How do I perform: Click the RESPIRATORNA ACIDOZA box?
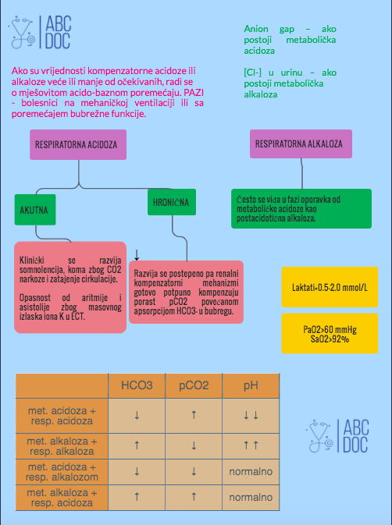point(78,144)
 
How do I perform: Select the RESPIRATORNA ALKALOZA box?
point(301,144)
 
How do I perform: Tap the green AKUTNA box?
point(35,210)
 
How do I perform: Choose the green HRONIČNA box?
point(172,202)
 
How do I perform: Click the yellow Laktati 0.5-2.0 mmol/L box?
point(330,287)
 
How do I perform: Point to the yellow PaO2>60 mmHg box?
point(330,333)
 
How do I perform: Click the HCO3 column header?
point(137,385)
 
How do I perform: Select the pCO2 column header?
point(194,385)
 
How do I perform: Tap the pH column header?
point(251,385)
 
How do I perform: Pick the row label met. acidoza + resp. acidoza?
point(62,416)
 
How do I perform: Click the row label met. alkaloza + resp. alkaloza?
point(62,446)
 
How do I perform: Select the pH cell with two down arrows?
point(251,416)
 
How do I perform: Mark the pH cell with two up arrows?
point(251,446)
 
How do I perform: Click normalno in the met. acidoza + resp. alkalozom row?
point(251,472)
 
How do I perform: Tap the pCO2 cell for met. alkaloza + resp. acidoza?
point(194,497)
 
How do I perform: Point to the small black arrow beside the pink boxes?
point(137,255)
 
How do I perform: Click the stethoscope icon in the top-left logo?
point(22,32)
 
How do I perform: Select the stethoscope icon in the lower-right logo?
point(319,435)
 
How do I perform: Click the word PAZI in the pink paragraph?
point(194,92)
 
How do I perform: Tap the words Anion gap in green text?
point(269,29)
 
